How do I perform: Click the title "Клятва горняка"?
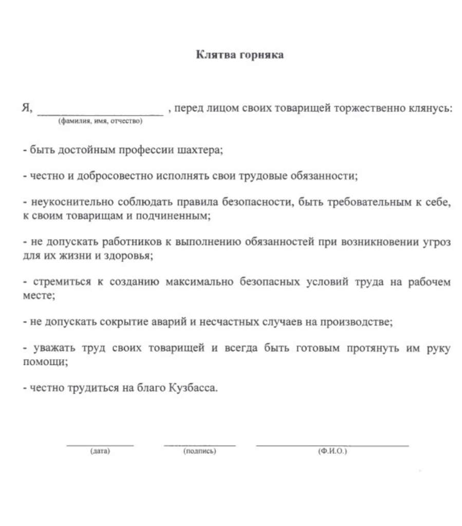coord(239,55)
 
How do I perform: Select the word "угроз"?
coord(437,242)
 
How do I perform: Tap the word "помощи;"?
coord(46,362)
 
